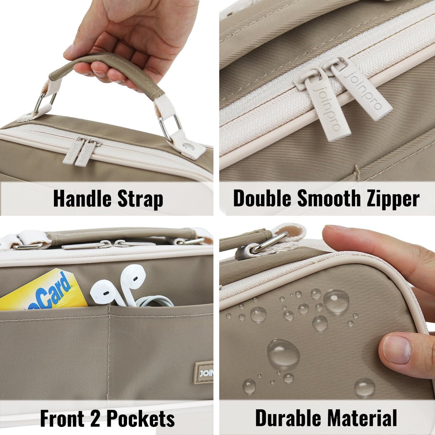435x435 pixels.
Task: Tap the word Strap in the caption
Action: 140,199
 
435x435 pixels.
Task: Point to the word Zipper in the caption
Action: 393,199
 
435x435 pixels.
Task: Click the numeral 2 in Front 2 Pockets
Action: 95,418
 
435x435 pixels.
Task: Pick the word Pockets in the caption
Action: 141,418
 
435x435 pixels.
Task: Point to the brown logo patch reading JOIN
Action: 204,373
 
